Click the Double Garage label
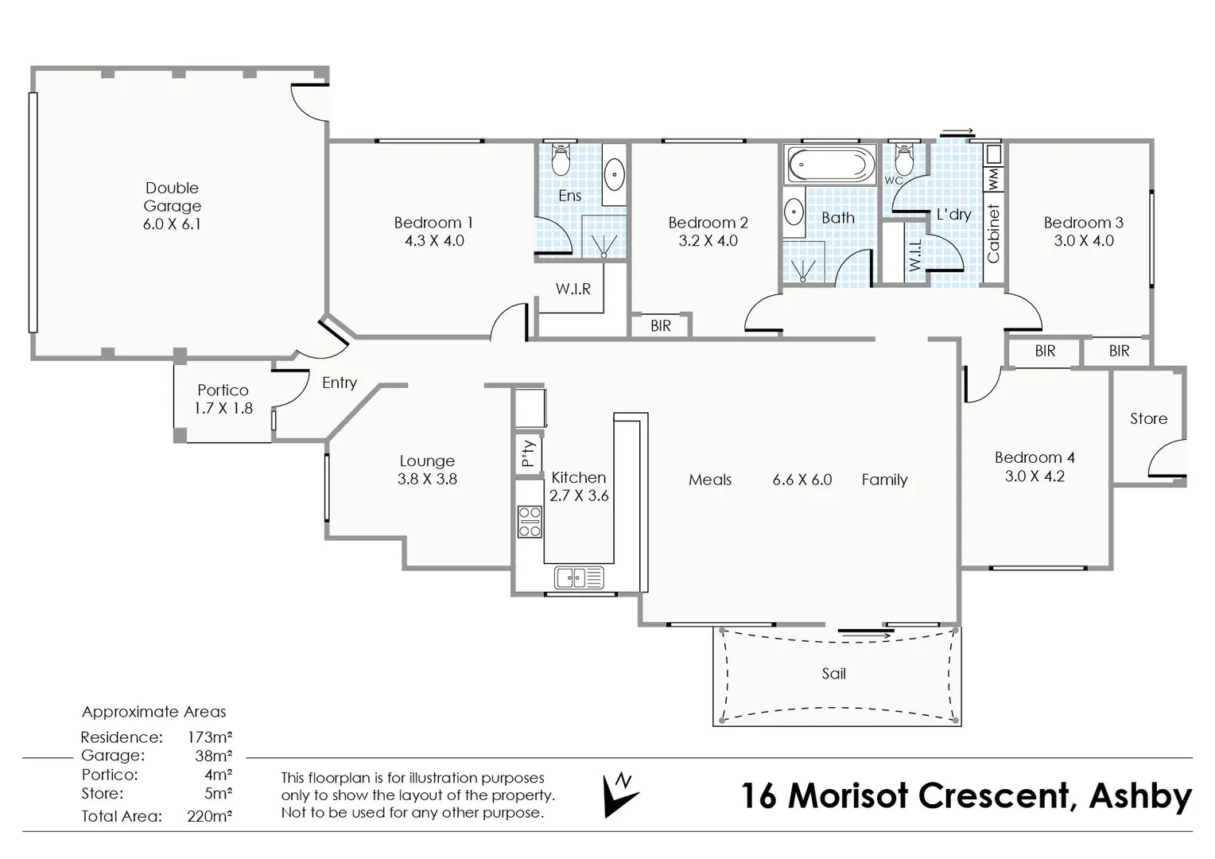(173, 197)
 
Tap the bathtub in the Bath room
(831, 165)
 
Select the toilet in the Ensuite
(561, 158)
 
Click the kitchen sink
(579, 577)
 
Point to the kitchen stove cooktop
(530, 522)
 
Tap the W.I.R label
(573, 289)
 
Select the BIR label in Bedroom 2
(661, 325)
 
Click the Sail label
(833, 674)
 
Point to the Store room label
(1148, 418)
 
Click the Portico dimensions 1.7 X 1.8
(223, 408)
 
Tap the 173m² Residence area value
(210, 737)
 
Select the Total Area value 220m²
(210, 816)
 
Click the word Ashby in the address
(1140, 797)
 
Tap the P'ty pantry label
(528, 453)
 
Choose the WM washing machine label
(994, 178)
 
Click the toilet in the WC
(904, 158)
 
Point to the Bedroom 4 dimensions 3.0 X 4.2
(1034, 476)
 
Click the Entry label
(340, 383)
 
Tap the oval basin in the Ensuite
(615, 173)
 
